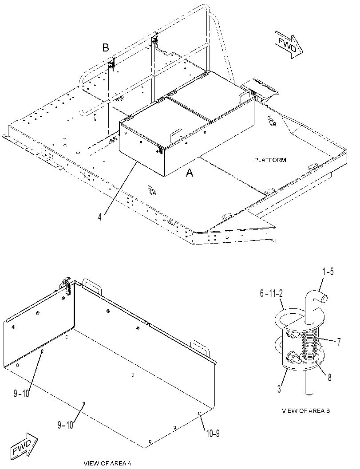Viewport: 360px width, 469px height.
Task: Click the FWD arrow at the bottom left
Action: (x=24, y=445)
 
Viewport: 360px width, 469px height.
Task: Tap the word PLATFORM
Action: (x=270, y=160)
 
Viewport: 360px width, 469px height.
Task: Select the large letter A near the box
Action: (x=190, y=173)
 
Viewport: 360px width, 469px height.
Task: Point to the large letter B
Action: (x=105, y=47)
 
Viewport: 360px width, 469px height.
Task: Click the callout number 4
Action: (x=100, y=217)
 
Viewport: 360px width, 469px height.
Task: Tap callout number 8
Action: (x=329, y=378)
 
